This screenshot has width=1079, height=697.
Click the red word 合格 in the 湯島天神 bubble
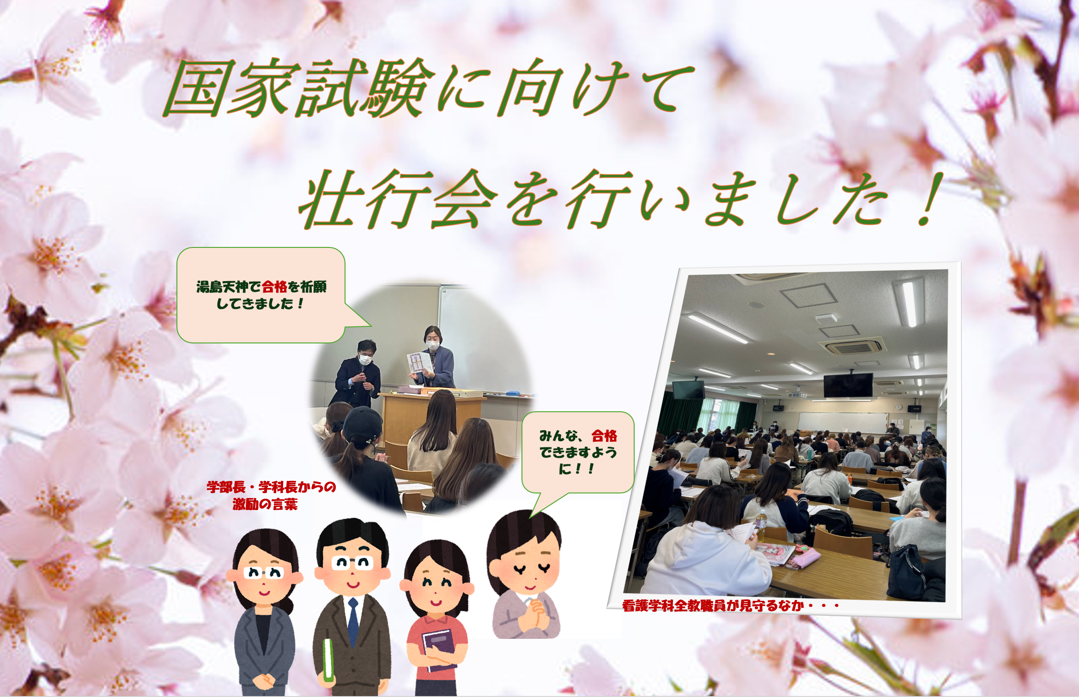pos(274,287)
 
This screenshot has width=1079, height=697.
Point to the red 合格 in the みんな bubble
pos(604,436)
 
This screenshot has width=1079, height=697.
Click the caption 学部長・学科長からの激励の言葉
pos(271,495)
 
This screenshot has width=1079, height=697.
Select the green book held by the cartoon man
pos(328,660)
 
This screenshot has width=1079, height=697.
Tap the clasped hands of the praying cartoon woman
pos(536,614)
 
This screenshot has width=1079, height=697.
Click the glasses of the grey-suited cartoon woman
pos(264,573)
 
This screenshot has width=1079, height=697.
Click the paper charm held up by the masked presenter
pos(419,363)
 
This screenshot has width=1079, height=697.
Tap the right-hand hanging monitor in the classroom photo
pos(848,385)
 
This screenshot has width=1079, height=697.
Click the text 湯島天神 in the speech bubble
pos(222,287)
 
